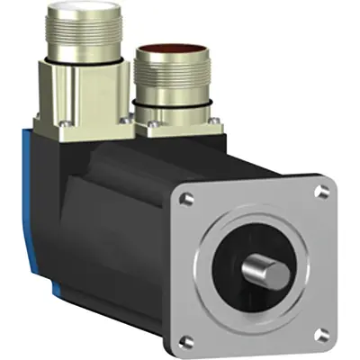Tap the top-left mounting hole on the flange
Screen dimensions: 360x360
[188, 195]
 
